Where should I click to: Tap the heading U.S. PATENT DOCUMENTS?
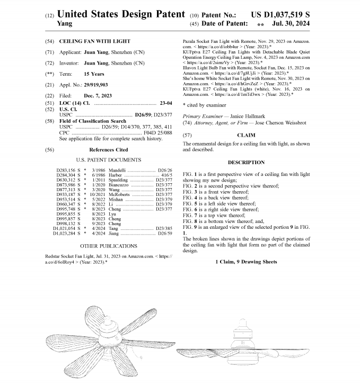point(108,159)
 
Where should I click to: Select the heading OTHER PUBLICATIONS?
point(108,246)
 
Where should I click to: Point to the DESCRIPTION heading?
point(246,162)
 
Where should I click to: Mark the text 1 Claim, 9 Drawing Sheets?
point(246,262)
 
